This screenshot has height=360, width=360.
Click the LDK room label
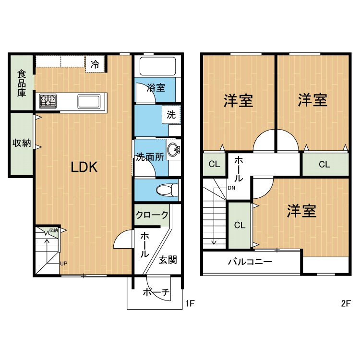pyautogui.click(x=84, y=167)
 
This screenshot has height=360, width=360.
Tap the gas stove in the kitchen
pyautogui.click(x=48, y=101)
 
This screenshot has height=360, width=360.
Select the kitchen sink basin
pyautogui.click(x=89, y=101)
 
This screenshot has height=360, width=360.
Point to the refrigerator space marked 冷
pyautogui.click(x=95, y=64)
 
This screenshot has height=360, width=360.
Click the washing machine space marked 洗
pyautogui.click(x=171, y=114)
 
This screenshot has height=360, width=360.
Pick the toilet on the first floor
pyautogui.click(x=167, y=190)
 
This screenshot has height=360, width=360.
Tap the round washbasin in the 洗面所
pyautogui.click(x=173, y=150)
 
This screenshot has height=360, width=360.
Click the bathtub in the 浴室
pyautogui.click(x=157, y=66)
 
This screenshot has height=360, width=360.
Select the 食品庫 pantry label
pyautogui.click(x=22, y=84)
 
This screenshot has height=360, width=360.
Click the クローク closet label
pyautogui.click(x=152, y=215)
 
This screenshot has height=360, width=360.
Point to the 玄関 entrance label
pyautogui.click(x=168, y=260)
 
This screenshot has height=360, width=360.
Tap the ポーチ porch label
pyautogui.click(x=156, y=292)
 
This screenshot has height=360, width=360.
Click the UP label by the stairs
pyautogui.click(x=63, y=264)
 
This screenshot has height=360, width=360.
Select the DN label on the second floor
pyautogui.click(x=231, y=188)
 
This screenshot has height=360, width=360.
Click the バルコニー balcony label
pyautogui.click(x=250, y=262)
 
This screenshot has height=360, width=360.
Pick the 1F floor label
pyautogui.click(x=190, y=303)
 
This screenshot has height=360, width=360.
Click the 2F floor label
pyautogui.click(x=346, y=303)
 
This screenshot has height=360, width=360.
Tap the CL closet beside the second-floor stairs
pyautogui.click(x=240, y=225)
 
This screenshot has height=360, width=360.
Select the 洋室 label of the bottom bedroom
pyautogui.click(x=301, y=211)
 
